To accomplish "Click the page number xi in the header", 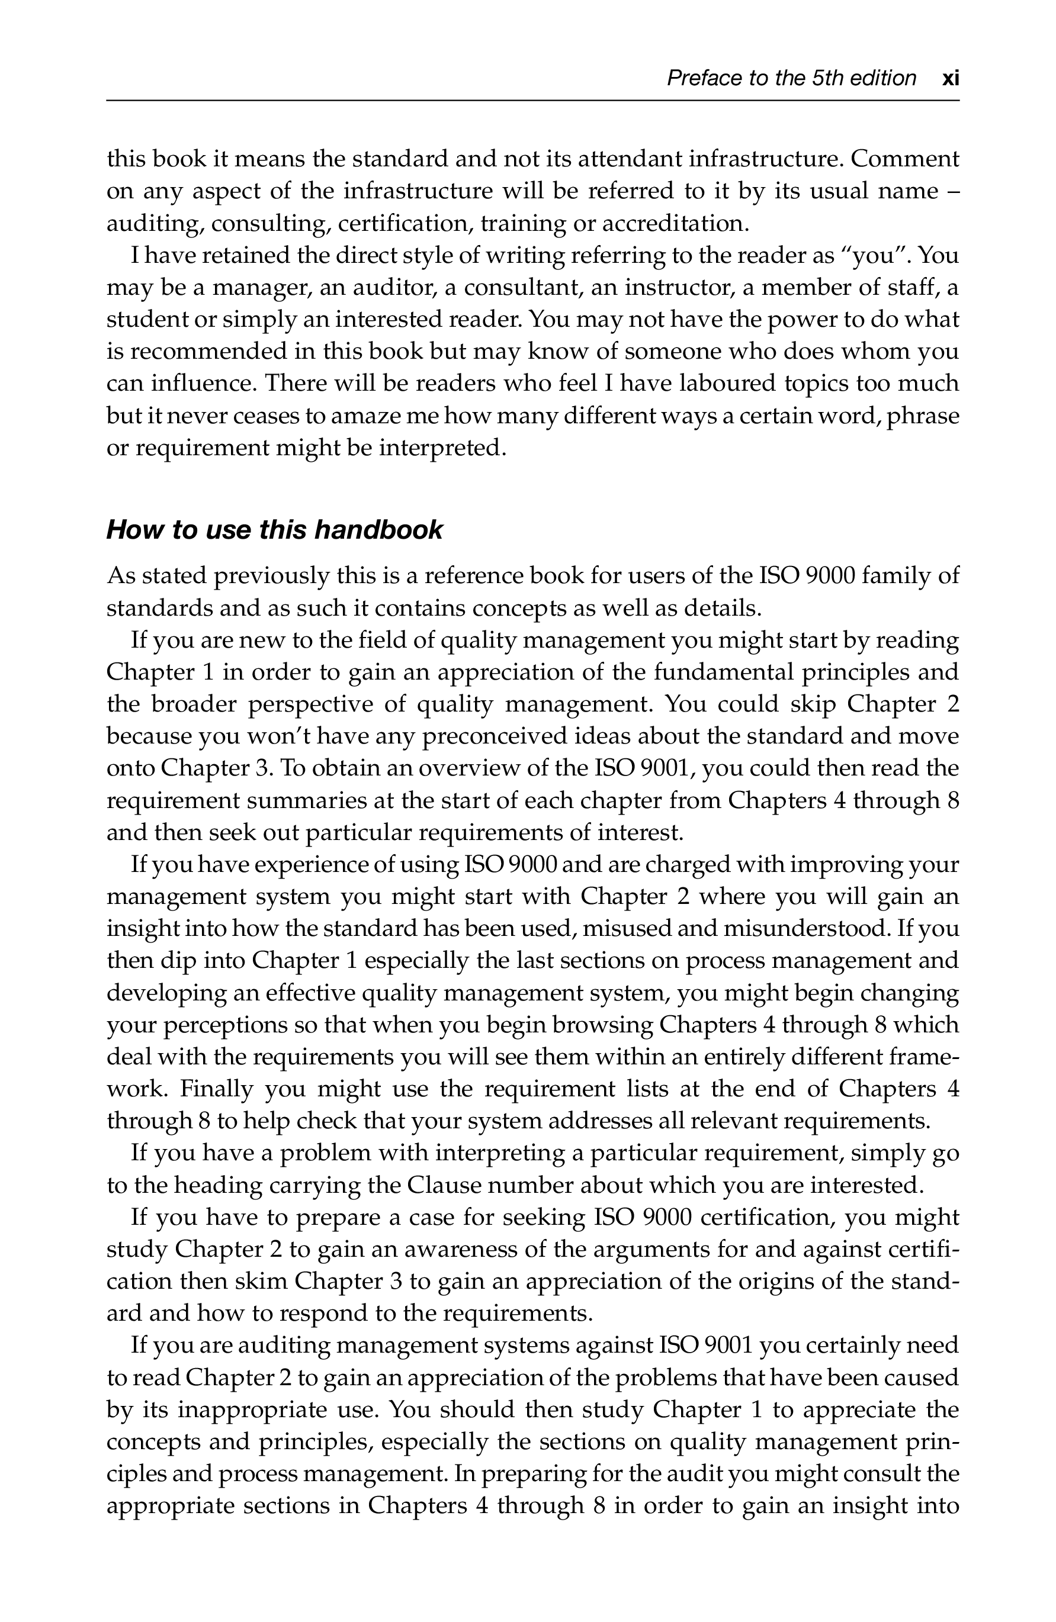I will tap(949, 79).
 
